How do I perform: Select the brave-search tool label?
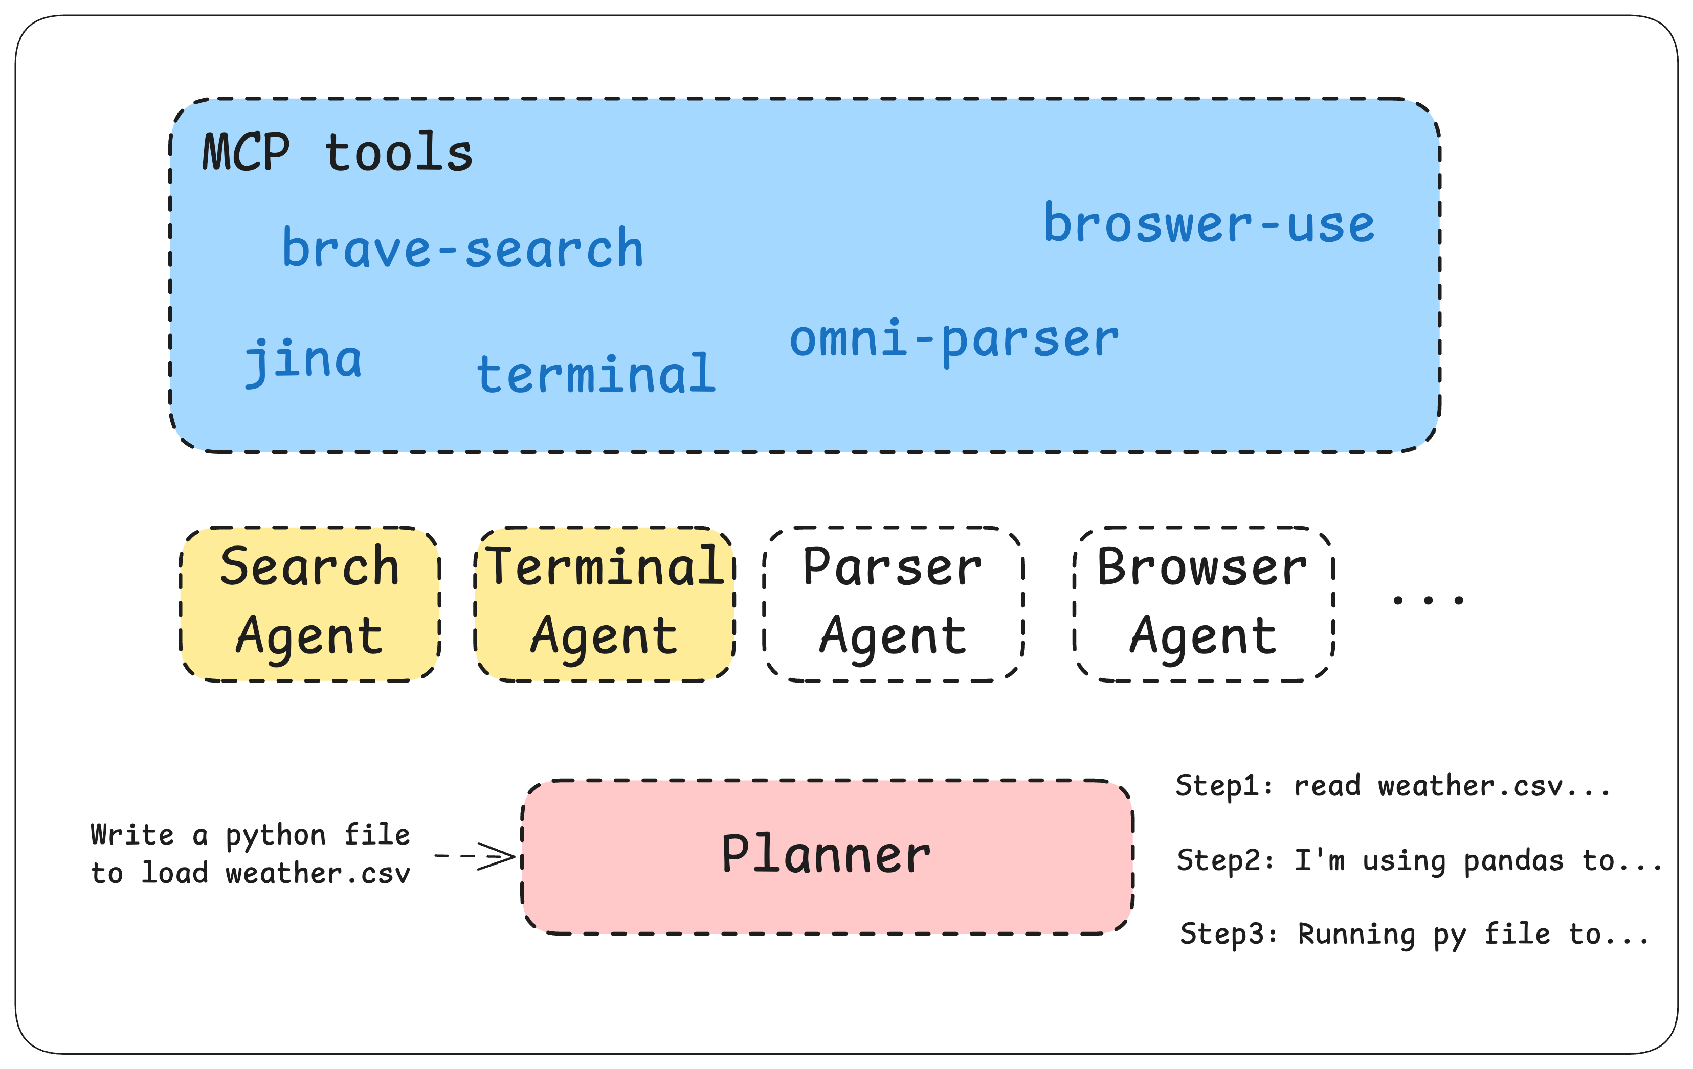[462, 249]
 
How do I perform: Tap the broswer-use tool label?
[1209, 224]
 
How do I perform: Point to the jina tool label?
[304, 360]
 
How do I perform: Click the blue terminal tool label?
[596, 374]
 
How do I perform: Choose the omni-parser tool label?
[953, 339]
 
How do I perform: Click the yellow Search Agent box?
[309, 603]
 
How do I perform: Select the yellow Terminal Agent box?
[605, 603]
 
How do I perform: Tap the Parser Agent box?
[893, 603]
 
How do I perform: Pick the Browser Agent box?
[1203, 603]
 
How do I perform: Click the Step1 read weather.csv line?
[1392, 786]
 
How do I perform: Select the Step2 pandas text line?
[1419, 860]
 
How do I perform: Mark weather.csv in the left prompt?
[318, 874]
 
